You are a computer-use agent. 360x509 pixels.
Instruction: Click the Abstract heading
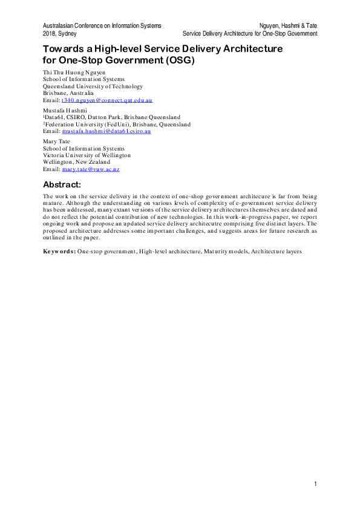click(x=66, y=184)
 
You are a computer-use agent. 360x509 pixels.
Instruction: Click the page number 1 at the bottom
click(x=316, y=484)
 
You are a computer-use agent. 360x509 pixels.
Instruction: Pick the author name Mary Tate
click(x=56, y=141)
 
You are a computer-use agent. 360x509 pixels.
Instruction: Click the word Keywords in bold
click(x=59, y=249)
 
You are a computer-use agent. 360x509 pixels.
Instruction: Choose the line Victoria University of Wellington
click(x=87, y=155)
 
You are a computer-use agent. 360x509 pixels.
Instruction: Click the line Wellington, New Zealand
click(x=77, y=162)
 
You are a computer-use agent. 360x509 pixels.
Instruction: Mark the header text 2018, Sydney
click(x=60, y=34)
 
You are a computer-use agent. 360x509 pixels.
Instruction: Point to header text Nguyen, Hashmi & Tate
click(x=288, y=26)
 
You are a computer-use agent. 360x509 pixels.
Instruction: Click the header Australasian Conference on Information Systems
click(x=102, y=26)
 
